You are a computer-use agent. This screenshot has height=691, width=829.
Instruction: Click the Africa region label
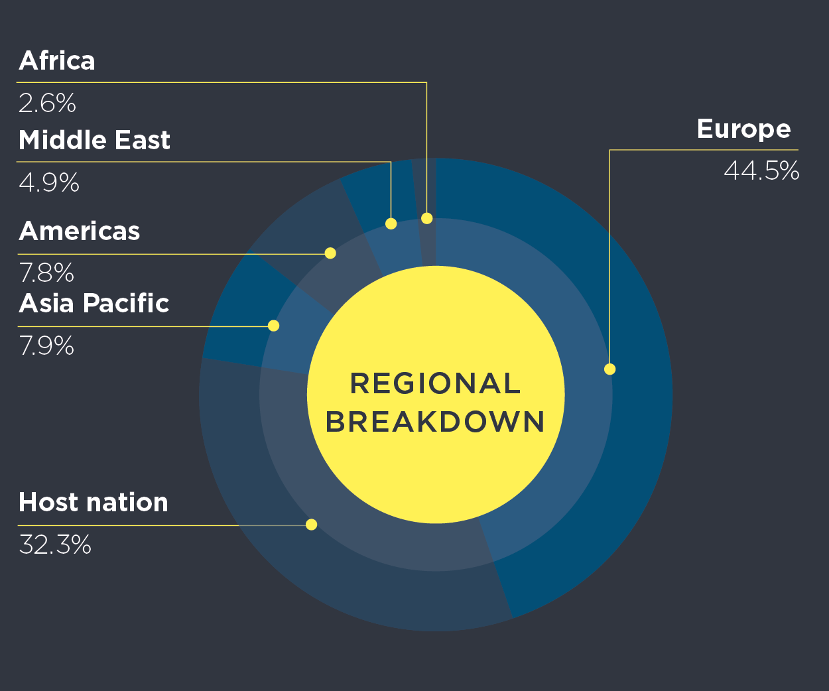57,60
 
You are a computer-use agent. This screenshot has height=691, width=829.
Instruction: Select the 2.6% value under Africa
47,103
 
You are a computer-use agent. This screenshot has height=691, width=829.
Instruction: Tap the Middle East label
94,140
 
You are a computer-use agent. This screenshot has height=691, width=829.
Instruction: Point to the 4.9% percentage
49,182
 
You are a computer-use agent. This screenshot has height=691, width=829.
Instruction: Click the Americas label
80,231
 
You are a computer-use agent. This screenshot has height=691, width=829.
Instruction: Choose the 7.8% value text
46,273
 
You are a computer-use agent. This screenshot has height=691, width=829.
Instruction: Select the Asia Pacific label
94,303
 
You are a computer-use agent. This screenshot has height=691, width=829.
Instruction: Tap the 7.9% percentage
46,345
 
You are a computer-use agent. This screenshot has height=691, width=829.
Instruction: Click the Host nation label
94,502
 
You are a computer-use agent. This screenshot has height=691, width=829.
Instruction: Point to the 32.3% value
55,544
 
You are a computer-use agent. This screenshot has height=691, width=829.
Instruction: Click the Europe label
744,129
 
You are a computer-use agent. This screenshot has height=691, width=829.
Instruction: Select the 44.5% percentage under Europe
761,171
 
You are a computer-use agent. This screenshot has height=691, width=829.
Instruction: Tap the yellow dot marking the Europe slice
610,369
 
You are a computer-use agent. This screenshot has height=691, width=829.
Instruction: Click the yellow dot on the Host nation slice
312,525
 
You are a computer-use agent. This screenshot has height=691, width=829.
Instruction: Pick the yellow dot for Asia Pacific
273,326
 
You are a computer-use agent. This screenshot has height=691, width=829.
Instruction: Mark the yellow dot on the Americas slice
330,253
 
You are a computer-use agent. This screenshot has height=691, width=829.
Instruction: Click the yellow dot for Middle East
391,223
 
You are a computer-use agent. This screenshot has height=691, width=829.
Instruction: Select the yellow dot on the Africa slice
427,218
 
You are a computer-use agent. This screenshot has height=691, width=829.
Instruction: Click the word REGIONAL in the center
435,383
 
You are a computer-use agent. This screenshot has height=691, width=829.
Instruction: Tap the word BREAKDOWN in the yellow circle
435,422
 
